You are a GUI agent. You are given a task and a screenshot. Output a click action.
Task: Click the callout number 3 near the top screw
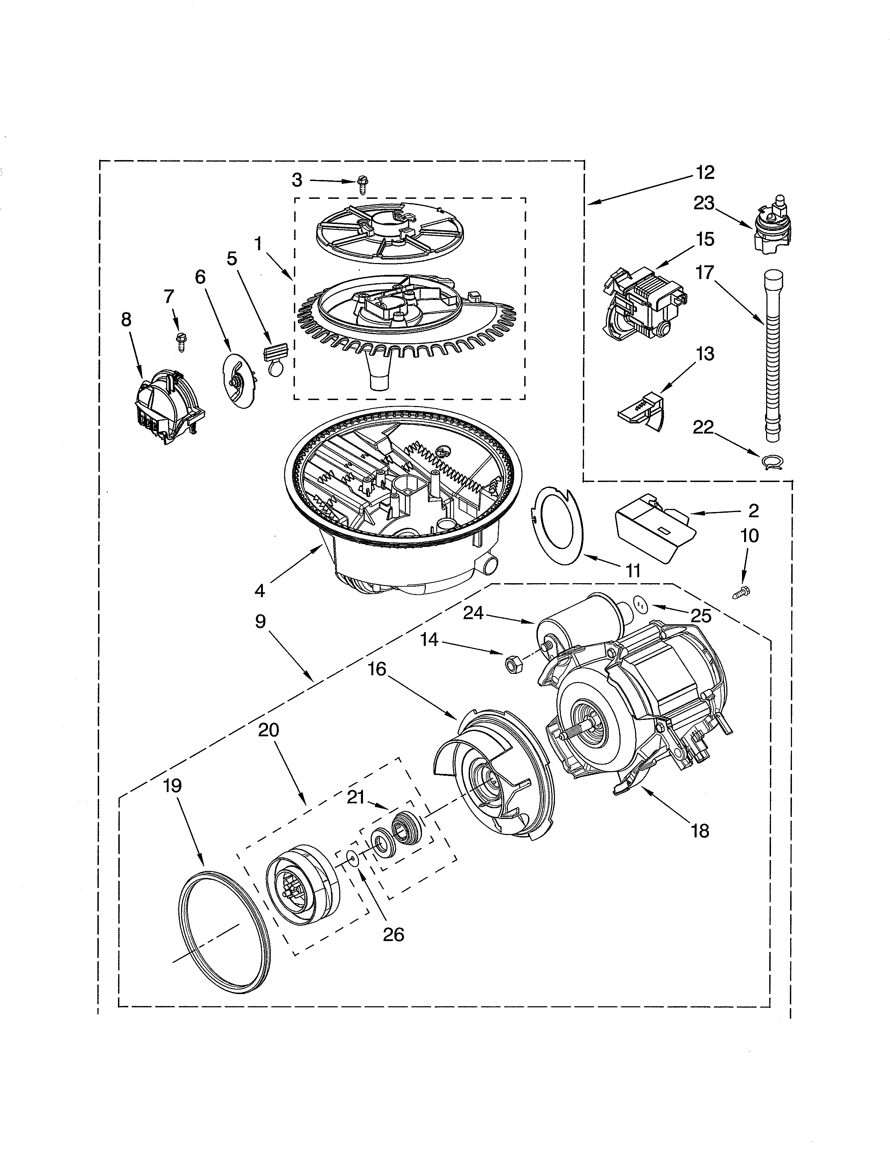tap(297, 180)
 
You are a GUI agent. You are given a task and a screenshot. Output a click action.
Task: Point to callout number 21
tap(356, 798)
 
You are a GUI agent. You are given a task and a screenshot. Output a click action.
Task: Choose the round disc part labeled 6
tap(237, 379)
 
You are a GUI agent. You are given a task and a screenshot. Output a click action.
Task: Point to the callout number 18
tap(700, 832)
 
